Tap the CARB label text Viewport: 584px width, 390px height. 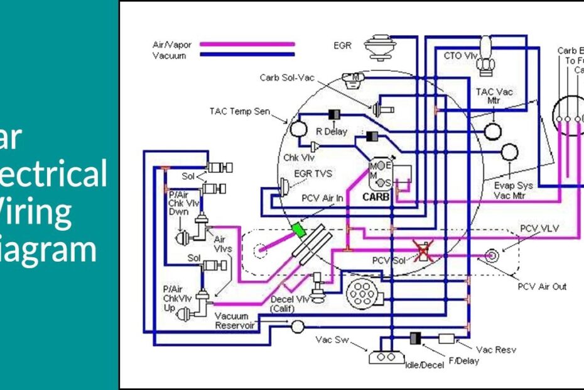377,197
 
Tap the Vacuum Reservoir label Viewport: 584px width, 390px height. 232,320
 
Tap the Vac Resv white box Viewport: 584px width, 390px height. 446,338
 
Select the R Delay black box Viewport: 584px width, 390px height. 334,114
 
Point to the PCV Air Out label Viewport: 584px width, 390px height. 542,287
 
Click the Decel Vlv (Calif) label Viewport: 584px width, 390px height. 289,304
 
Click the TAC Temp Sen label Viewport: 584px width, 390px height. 239,111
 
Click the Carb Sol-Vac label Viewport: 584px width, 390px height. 286,77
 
